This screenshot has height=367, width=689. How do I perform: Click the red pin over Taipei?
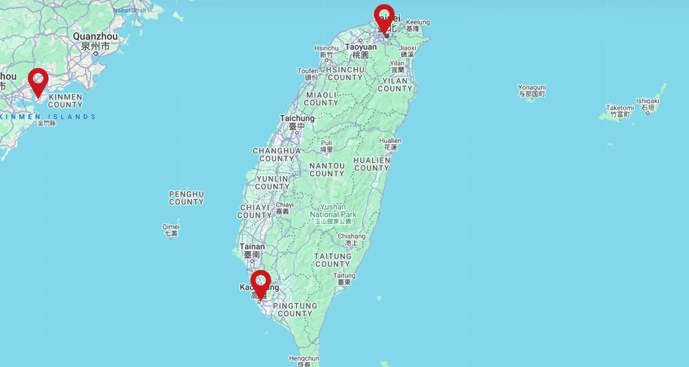pos(384,16)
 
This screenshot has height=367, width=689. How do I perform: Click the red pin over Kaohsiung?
pos(260,282)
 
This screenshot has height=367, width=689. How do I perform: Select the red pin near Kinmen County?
pos(38,80)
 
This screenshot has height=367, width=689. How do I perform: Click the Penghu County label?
pos(186,198)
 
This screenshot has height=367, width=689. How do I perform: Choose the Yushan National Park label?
pos(333,211)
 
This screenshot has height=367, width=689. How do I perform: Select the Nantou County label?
pos(327,169)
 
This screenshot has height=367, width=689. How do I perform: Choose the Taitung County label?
pos(333,260)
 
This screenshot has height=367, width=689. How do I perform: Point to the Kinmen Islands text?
pos(49,117)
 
